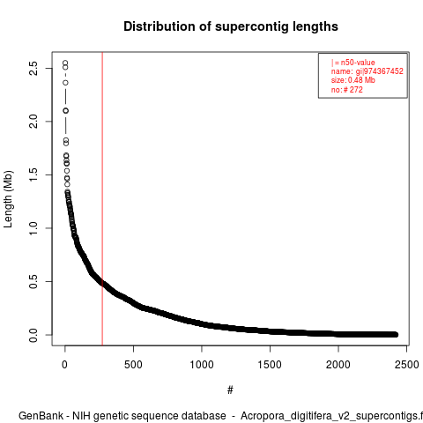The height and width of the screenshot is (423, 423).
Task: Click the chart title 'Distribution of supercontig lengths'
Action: click(x=231, y=26)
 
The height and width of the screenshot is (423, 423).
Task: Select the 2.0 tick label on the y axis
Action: click(x=33, y=122)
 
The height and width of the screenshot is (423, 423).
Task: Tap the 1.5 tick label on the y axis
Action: click(x=33, y=174)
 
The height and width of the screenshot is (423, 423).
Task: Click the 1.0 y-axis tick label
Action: click(x=33, y=228)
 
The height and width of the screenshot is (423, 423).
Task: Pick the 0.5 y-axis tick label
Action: click(x=33, y=281)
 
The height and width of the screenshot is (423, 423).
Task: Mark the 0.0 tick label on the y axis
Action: click(x=33, y=335)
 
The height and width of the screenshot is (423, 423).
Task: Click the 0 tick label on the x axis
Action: click(x=64, y=365)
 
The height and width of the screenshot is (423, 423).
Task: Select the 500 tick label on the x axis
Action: click(x=133, y=365)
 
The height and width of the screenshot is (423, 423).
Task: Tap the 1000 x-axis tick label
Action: click(x=202, y=365)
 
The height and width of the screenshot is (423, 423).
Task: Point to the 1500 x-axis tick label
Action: click(x=270, y=365)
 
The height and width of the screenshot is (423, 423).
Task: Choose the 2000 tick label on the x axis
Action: click(x=338, y=365)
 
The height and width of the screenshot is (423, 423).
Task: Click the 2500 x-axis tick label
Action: click(x=406, y=365)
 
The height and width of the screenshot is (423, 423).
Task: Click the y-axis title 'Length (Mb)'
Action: click(x=8, y=199)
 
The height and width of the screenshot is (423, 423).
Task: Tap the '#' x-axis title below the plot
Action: click(x=230, y=390)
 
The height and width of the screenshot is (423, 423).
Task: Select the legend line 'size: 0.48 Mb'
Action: click(x=353, y=80)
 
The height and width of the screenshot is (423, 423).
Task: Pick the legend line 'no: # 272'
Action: click(x=347, y=90)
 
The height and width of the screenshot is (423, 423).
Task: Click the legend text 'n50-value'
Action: click(x=358, y=63)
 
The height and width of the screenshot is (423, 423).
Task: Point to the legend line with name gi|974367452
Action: click(x=367, y=71)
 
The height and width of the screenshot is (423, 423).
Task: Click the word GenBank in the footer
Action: click(x=41, y=416)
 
